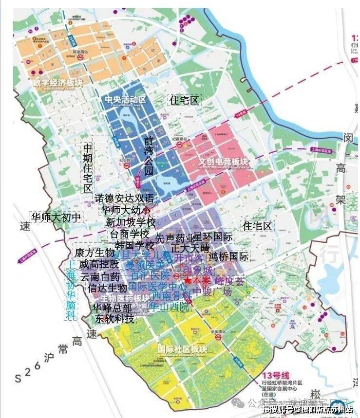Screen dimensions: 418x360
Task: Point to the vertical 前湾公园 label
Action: (x=149, y=156)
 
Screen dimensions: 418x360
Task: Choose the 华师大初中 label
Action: (x=56, y=217)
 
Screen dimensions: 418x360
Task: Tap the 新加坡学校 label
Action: (x=130, y=222)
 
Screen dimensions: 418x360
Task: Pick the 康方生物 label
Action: (x=94, y=253)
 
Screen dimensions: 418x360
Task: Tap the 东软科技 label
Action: (x=114, y=319)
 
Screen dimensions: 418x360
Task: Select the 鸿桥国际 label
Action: (x=228, y=256)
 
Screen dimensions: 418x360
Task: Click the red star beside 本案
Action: (x=187, y=281)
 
